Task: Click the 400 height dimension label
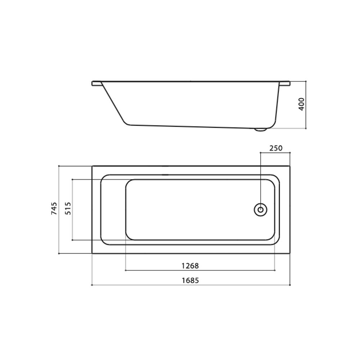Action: pyautogui.click(x=302, y=104)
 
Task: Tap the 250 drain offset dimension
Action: pyautogui.click(x=275, y=148)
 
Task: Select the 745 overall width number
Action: pyautogui.click(x=54, y=209)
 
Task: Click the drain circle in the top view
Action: pyautogui.click(x=260, y=210)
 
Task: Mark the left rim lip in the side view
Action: pyautogui.click(x=96, y=84)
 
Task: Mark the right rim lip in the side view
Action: pyautogui.click(x=286, y=83)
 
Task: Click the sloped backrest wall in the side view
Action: pyautogui.click(x=113, y=104)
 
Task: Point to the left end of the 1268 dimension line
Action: pyautogui.click(x=125, y=269)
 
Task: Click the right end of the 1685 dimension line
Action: pyautogui.click(x=290, y=285)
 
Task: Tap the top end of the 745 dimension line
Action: pyautogui.click(x=59, y=166)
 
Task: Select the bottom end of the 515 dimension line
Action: pyautogui.click(x=73, y=240)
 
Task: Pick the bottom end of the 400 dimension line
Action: pyautogui.click(x=306, y=128)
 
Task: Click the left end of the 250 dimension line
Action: pyautogui.click(x=260, y=153)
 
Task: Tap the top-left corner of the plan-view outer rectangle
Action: pyautogui.click(x=93, y=166)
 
